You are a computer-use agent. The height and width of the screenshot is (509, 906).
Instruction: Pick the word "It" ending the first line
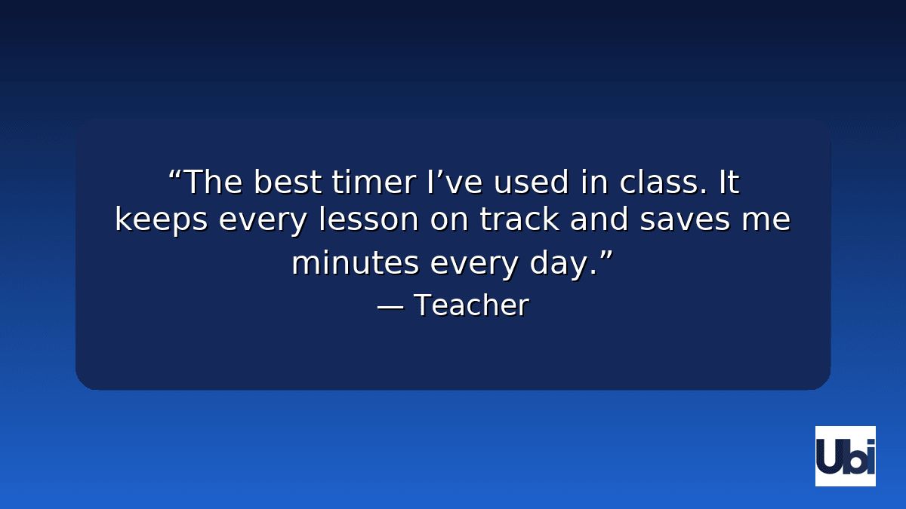pyautogui.click(x=729, y=182)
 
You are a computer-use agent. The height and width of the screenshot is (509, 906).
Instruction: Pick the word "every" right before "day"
pyautogui.click(x=474, y=264)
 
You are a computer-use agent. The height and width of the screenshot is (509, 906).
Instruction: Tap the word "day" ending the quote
pyautogui.click(x=557, y=264)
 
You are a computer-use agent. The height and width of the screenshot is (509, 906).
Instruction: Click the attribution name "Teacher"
pyautogui.click(x=471, y=305)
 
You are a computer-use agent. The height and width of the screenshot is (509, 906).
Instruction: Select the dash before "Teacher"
pyautogui.click(x=390, y=306)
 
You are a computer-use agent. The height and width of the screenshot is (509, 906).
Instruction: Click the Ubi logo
pyautogui.click(x=845, y=455)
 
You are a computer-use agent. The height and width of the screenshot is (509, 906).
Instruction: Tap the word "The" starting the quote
pyautogui.click(x=214, y=182)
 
